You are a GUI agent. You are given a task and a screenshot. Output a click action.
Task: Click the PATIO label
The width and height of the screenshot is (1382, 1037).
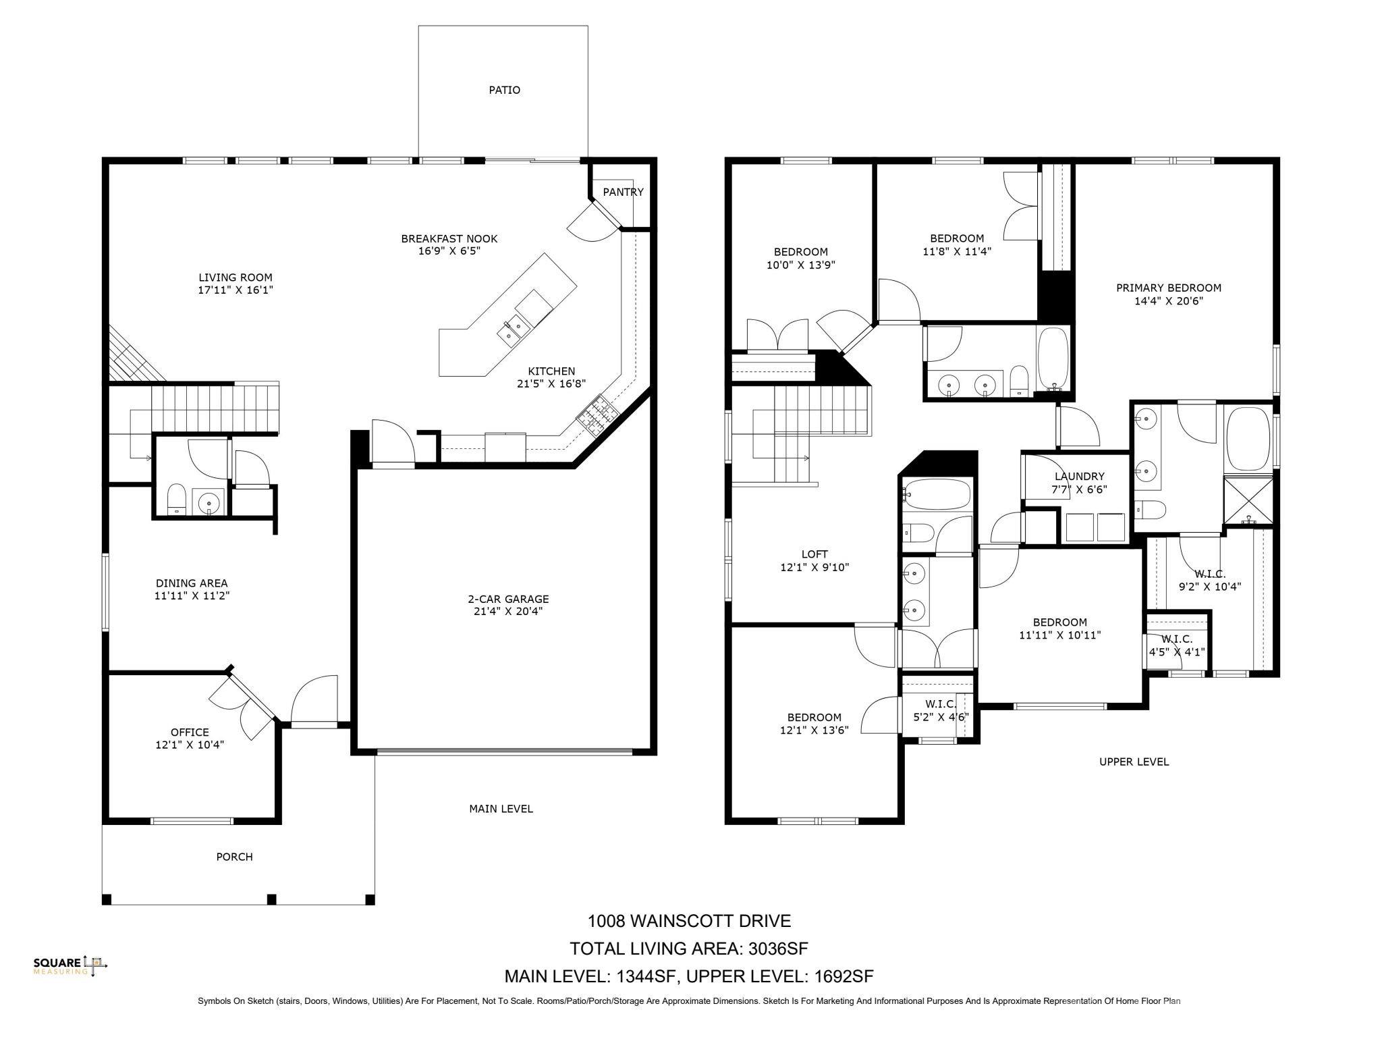click(504, 90)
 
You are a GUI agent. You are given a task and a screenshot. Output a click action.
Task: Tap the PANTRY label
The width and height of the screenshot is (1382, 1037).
click(623, 192)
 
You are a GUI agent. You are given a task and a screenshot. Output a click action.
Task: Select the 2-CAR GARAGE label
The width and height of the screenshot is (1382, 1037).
click(508, 599)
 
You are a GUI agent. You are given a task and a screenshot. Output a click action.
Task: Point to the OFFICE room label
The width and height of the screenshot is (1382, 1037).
click(190, 732)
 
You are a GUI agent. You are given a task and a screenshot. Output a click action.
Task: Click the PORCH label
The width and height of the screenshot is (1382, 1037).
click(234, 857)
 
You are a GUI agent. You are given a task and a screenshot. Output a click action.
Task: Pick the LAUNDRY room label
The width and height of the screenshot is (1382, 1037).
click(1080, 477)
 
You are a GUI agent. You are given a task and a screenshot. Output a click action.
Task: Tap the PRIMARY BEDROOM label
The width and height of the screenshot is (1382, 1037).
click(1169, 288)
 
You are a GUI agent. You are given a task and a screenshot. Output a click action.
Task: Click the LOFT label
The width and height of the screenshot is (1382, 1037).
click(814, 554)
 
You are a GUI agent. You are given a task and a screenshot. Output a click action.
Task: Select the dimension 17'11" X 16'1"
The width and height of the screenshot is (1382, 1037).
click(236, 290)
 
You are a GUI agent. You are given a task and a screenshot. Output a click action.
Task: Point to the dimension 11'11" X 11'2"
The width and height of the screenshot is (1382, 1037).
click(192, 596)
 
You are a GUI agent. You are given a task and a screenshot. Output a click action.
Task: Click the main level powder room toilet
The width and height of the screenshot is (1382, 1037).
click(177, 499)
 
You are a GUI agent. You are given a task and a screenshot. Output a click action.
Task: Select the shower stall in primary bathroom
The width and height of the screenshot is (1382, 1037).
click(1249, 500)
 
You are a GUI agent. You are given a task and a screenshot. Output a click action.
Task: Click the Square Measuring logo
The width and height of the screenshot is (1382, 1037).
click(70, 966)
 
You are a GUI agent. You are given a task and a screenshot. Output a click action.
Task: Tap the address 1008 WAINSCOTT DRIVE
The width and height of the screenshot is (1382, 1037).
click(689, 921)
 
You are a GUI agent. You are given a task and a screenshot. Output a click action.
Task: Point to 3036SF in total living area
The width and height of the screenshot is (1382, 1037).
click(777, 949)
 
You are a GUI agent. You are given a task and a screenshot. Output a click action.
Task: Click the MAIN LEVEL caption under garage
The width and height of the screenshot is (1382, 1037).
click(501, 809)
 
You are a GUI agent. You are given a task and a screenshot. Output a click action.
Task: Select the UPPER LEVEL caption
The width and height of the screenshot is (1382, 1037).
click(1134, 762)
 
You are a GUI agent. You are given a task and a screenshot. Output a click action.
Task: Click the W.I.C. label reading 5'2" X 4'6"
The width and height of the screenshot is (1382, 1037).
click(941, 711)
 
